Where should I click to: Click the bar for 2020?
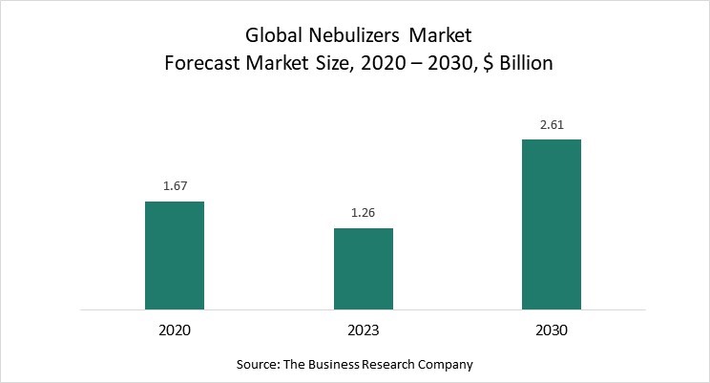point(175,255)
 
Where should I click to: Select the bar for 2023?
point(364,268)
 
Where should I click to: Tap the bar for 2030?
point(552,224)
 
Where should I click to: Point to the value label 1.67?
point(175,187)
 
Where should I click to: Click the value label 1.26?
point(364,214)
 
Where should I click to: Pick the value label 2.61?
point(552,126)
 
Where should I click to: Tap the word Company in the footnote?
point(448,365)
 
